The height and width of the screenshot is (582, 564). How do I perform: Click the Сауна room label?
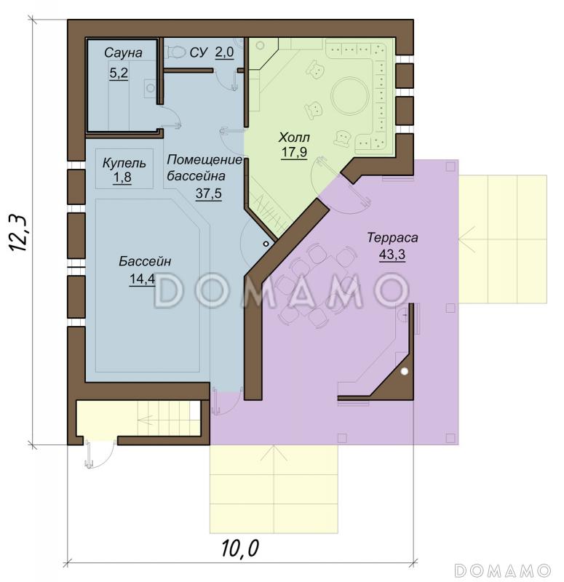click(x=123, y=52)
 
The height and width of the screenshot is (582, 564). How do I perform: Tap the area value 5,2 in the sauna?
click(x=119, y=73)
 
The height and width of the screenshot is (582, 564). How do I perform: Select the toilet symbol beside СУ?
click(x=175, y=52)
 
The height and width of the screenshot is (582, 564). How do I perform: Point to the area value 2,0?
click(x=225, y=52)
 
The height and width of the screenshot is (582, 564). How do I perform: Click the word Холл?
click(x=294, y=137)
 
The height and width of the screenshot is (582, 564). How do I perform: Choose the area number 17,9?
click(x=294, y=152)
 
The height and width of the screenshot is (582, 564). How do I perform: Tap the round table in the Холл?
click(x=350, y=95)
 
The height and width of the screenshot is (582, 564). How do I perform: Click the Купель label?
click(x=124, y=163)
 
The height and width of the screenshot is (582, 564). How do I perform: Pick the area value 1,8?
click(x=122, y=177)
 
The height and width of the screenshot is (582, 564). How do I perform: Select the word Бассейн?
click(x=145, y=261)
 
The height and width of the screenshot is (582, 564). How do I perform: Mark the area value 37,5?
click(x=209, y=193)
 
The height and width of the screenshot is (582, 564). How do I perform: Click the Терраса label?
click(x=392, y=238)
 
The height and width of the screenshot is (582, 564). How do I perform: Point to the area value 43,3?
click(x=392, y=255)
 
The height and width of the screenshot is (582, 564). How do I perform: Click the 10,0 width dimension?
click(x=240, y=549)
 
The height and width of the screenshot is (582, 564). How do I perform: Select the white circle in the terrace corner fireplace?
click(x=405, y=371)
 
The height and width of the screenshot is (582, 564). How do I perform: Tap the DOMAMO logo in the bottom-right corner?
click(x=502, y=570)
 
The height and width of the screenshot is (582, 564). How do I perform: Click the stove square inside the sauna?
click(x=151, y=88)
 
